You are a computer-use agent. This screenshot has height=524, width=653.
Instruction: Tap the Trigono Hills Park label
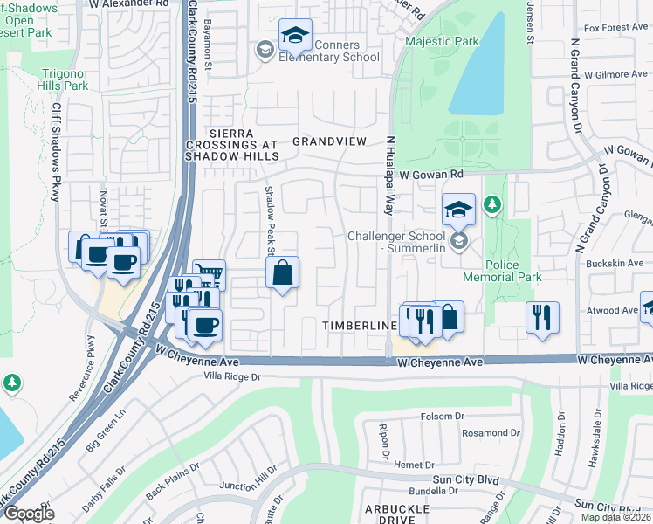click(x=63, y=79)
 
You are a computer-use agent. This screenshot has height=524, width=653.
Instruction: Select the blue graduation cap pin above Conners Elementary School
click(x=296, y=37)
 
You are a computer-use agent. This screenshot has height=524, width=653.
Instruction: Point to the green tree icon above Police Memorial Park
click(x=493, y=204)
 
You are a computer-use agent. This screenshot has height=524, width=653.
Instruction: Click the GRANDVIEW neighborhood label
click(x=326, y=141)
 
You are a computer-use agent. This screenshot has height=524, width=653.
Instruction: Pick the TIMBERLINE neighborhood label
click(x=360, y=325)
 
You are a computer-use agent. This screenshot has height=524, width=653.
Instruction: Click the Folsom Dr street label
click(x=440, y=417)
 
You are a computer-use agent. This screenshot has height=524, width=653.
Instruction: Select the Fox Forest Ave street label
click(x=615, y=28)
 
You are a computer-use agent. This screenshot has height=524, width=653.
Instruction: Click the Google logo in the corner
click(x=28, y=513)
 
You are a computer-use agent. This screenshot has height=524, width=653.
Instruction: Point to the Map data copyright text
click(x=615, y=517)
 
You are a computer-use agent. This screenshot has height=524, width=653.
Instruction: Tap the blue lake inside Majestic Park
click(x=477, y=69)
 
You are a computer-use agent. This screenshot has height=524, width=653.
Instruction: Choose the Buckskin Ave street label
click(x=616, y=263)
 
